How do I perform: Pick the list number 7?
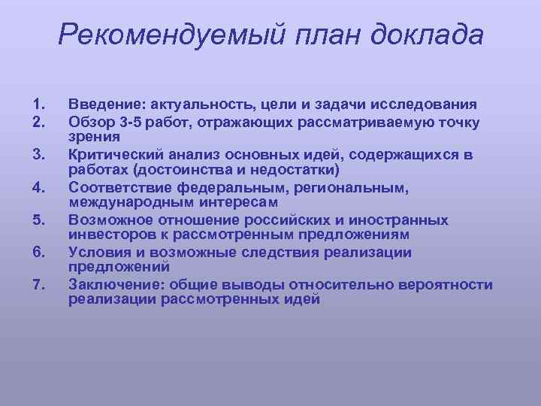coord(40,285)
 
